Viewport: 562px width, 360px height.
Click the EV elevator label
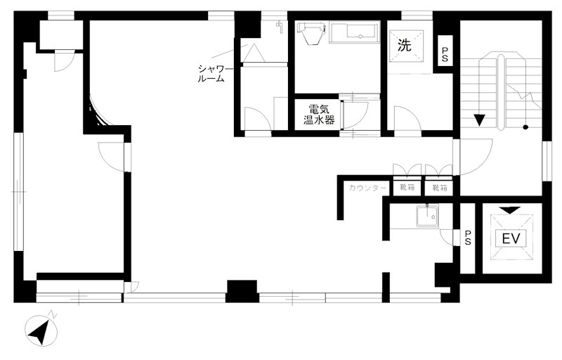(511, 238)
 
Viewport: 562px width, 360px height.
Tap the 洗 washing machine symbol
(405, 45)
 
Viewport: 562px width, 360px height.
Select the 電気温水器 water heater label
(319, 115)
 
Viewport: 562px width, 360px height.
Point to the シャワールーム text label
(211, 74)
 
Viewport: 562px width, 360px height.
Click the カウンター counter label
(368, 188)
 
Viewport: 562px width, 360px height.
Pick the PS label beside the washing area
(445, 55)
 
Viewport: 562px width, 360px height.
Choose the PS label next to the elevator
(468, 238)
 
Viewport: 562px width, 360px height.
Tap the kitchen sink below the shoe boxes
(427, 217)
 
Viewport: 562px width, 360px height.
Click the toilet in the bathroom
(311, 33)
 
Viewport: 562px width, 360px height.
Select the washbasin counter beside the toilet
(354, 32)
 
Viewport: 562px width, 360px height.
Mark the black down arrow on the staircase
(479, 120)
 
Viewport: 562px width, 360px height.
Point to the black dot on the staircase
(525, 127)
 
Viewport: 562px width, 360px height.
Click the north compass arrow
(40, 333)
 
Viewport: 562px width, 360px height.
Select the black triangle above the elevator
(510, 210)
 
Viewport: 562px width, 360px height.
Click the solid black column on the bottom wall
(242, 291)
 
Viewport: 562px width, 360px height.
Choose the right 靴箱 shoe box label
(440, 187)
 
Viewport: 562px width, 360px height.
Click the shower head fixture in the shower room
(279, 27)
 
